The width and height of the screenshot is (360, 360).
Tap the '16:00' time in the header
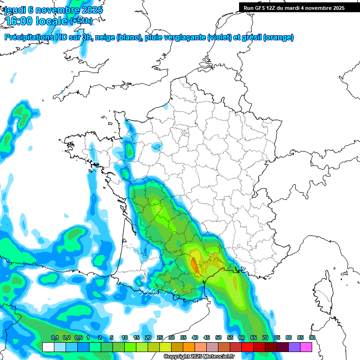[x=21, y=21]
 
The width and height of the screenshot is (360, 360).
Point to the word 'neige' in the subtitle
[x=105, y=37]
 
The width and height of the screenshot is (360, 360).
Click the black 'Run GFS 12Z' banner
[x=294, y=7]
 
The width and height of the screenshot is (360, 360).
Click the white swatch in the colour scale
[x=48, y=347]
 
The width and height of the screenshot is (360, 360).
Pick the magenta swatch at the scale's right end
[x=306, y=347]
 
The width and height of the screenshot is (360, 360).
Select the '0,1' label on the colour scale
[x=54, y=338]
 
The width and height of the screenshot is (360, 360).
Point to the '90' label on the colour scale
[x=312, y=338]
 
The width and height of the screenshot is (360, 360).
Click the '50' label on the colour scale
[x=218, y=338]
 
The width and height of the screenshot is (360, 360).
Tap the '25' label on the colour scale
[x=160, y=338]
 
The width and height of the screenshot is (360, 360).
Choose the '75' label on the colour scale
[x=277, y=338]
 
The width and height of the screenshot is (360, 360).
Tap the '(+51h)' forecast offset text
[x=81, y=22]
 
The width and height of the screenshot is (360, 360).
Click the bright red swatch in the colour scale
[x=247, y=347]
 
